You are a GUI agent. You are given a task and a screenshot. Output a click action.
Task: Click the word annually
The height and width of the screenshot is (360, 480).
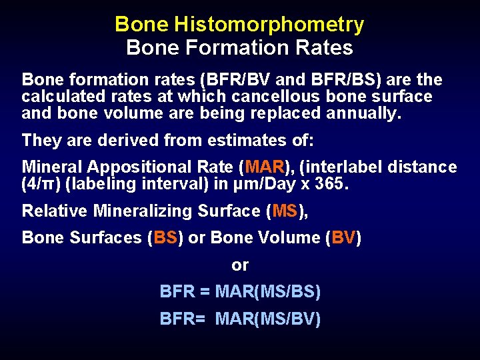coord(364,113)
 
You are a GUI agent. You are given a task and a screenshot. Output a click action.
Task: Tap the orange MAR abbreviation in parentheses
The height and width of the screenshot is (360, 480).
coord(265,167)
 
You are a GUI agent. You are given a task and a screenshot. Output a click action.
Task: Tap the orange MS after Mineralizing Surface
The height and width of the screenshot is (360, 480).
coord(284,211)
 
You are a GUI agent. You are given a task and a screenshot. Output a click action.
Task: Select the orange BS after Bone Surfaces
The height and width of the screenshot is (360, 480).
coord(166,238)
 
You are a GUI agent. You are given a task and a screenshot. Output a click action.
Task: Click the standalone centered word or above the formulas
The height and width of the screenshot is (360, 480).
coord(240,265)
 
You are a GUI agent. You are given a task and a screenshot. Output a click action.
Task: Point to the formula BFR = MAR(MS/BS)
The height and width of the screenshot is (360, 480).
coord(240,292)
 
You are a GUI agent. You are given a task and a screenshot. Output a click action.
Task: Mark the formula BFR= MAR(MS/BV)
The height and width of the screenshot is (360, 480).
coord(240,319)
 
